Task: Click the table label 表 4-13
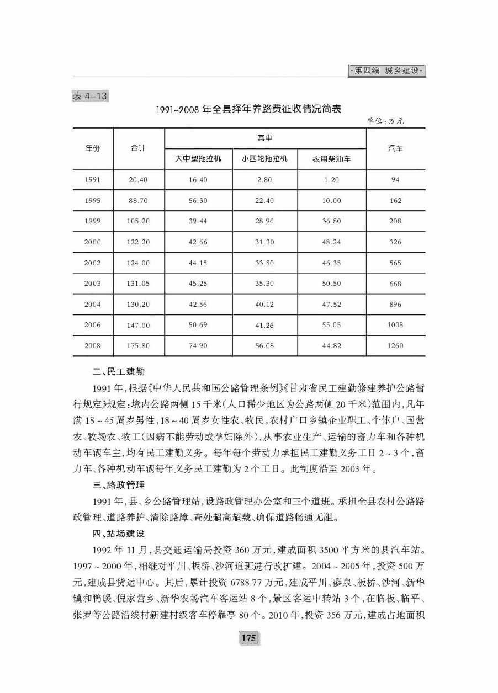[89, 96]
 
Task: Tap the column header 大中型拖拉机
[198, 159]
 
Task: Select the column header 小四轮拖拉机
[264, 159]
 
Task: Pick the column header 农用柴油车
[331, 159]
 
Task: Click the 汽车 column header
[395, 148]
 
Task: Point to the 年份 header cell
[92, 148]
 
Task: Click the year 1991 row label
[92, 180]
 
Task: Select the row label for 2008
[92, 346]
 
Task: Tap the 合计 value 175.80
[139, 346]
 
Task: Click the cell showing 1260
[395, 346]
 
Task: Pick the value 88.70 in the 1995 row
[139, 201]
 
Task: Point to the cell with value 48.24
[331, 242]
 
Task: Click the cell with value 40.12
[264, 305]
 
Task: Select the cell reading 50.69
[198, 325]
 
